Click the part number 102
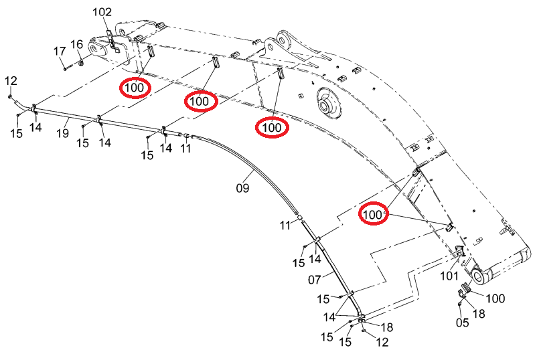click(102, 12)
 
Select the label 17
click(60, 52)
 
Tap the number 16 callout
click(76, 44)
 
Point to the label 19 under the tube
click(62, 133)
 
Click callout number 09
click(242, 188)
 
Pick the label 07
click(315, 280)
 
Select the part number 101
click(449, 276)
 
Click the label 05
click(463, 323)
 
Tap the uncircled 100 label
click(495, 298)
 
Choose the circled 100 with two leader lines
click(373, 214)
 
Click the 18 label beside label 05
click(479, 314)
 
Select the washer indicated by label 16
click(80, 64)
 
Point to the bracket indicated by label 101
click(460, 252)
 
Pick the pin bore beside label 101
click(479, 276)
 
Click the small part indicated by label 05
click(459, 304)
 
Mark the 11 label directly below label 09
click(286, 226)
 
